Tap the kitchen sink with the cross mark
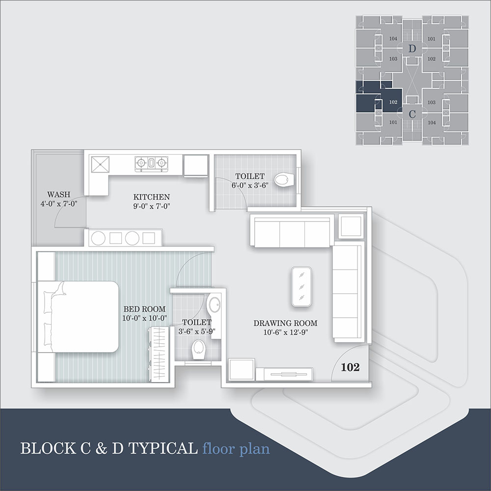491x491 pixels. point(100,164)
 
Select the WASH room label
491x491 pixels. point(59,194)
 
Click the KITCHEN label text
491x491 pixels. point(152,197)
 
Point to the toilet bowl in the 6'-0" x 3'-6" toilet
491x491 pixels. point(284,180)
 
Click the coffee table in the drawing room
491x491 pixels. point(301,287)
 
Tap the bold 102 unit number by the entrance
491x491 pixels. point(350,367)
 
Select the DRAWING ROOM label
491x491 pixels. point(285,323)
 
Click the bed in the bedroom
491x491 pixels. point(78,317)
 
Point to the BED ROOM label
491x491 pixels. point(144,309)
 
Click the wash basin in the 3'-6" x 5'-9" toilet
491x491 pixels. point(214,304)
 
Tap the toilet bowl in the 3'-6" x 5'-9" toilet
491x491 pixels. point(198,349)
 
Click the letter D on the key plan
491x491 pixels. point(412,49)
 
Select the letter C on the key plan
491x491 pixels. point(412,114)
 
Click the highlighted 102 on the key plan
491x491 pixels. point(393,102)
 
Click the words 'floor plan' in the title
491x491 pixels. point(236,448)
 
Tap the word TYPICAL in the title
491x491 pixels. point(163,448)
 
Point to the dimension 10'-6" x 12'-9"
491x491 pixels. point(286,332)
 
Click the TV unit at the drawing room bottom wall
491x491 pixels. point(288,374)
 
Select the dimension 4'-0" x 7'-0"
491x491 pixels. point(59,204)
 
